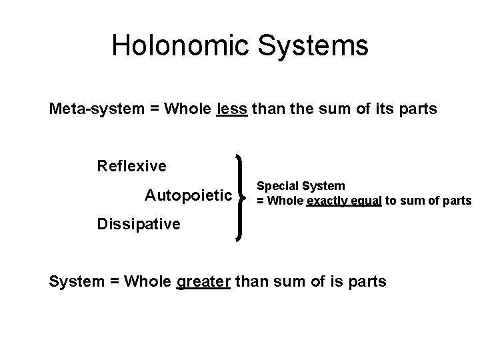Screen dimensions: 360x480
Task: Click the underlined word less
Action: pyautogui.click(x=233, y=109)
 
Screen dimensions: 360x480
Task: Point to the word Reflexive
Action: pyautogui.click(x=131, y=164)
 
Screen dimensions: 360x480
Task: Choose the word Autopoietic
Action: pyautogui.click(x=189, y=196)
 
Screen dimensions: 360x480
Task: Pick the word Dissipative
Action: pyautogui.click(x=139, y=224)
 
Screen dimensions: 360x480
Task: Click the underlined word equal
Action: pyautogui.click(x=365, y=201)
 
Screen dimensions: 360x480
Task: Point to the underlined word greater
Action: pyautogui.click(x=203, y=281)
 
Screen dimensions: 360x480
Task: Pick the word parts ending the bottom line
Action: pyautogui.click(x=366, y=281)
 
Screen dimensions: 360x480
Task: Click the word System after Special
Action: pyautogui.click(x=323, y=186)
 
